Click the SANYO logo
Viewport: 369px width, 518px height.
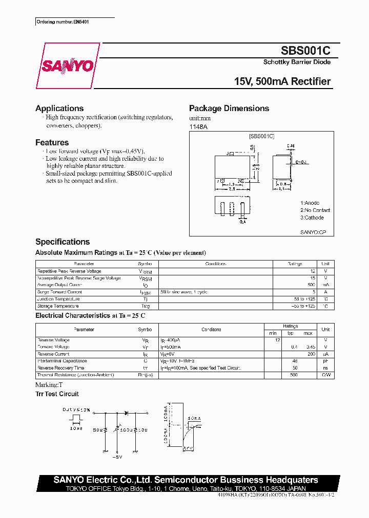[67, 66]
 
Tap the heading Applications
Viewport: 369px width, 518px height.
[59, 109]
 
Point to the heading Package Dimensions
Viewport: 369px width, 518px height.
[229, 109]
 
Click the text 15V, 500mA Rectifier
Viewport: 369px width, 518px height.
[282, 82]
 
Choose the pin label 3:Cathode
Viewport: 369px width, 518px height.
[312, 218]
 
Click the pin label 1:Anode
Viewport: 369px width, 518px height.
[310, 203]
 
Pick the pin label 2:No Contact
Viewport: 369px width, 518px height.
[315, 210]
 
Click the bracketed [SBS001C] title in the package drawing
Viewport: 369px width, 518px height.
[262, 136]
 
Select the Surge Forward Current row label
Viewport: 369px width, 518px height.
[59, 292]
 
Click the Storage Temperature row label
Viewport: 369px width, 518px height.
[58, 306]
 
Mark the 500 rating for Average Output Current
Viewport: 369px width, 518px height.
[311, 285]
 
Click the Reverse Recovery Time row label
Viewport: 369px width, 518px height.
[60, 368]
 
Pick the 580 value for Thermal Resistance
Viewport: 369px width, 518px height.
[294, 375]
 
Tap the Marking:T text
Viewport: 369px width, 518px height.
[49, 384]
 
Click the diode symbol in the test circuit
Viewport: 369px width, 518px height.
[124, 412]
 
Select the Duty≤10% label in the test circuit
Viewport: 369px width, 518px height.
[76, 410]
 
